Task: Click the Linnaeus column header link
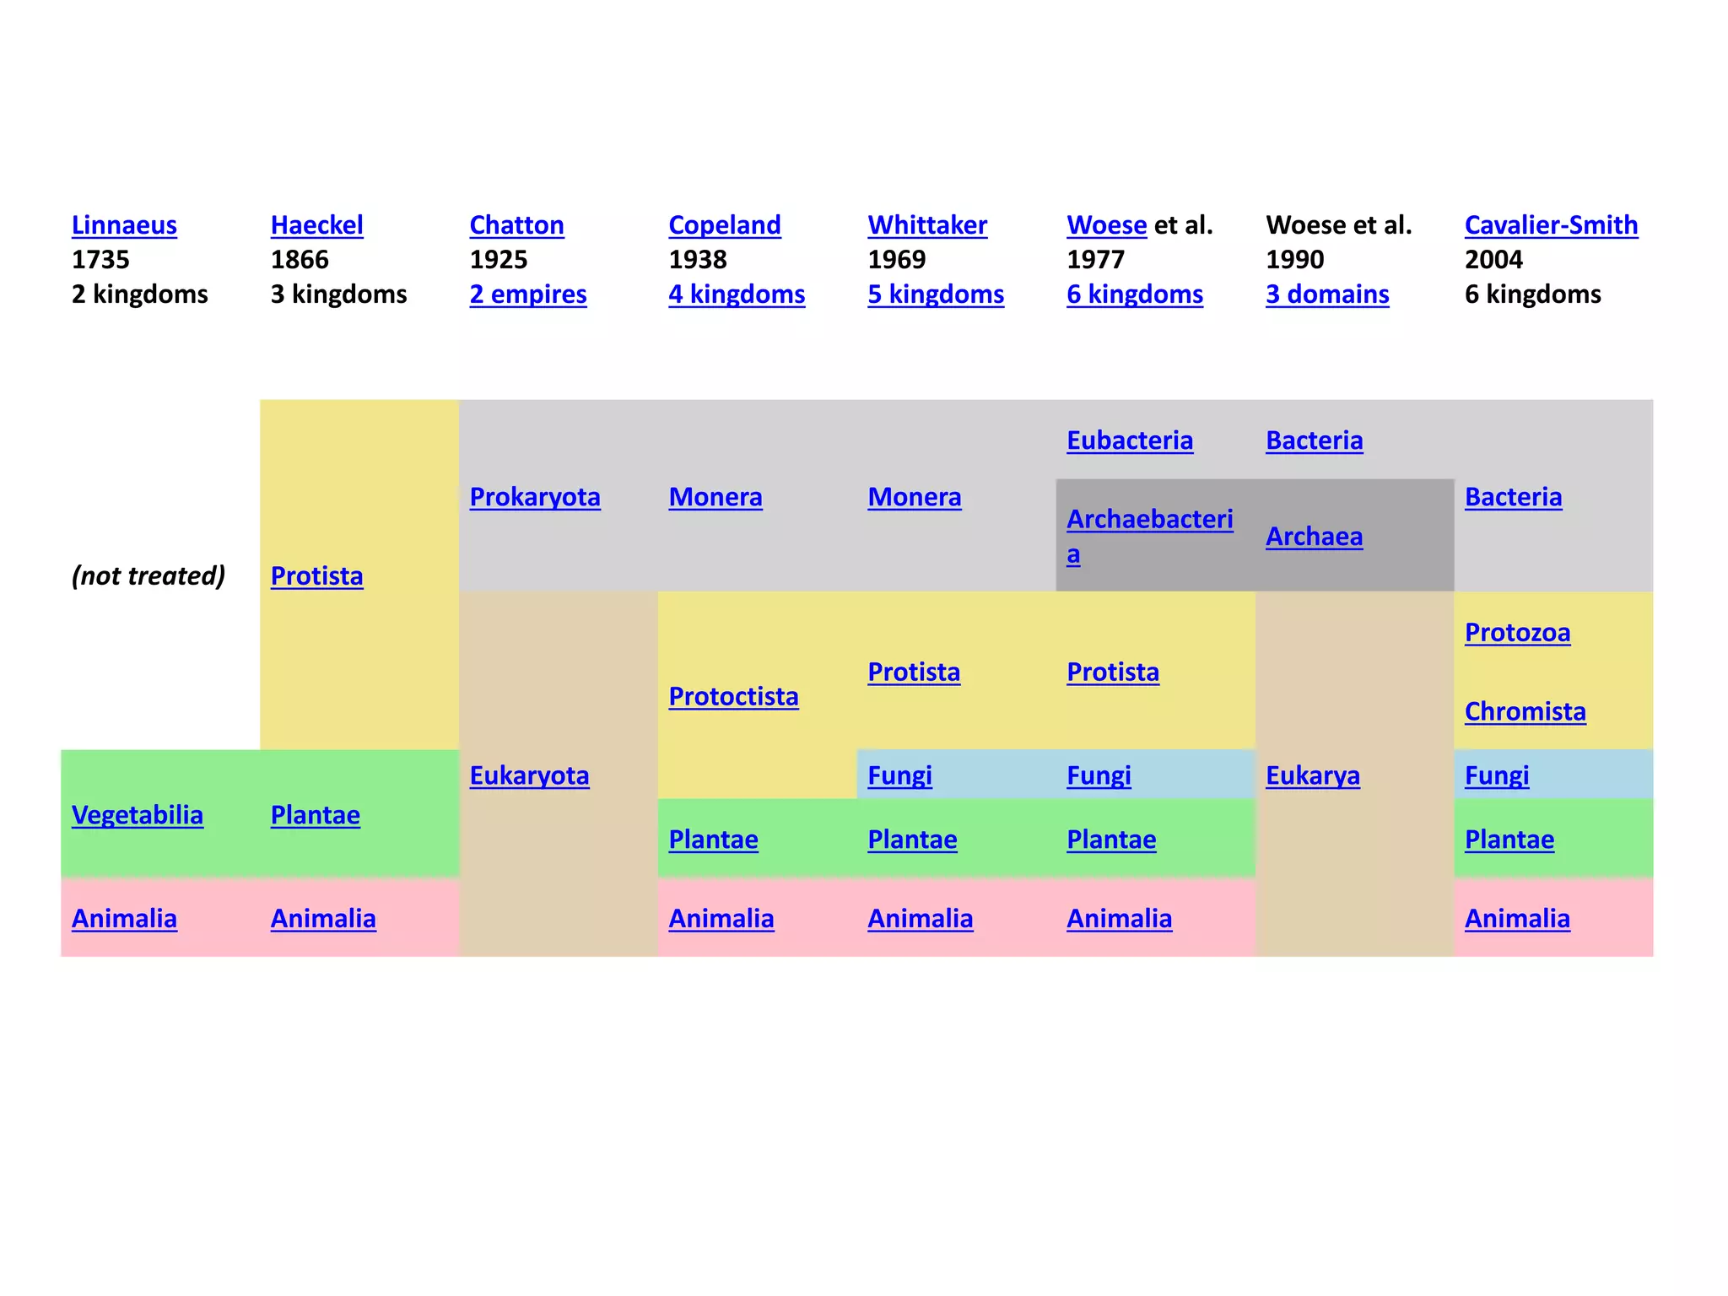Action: [124, 225]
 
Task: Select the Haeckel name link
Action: [316, 225]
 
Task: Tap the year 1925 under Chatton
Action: [498, 260]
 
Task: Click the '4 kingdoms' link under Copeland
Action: [737, 294]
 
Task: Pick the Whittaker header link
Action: [927, 225]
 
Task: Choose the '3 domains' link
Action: [1327, 294]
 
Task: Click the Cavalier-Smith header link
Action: [1551, 225]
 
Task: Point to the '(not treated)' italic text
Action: [148, 575]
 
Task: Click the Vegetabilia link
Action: [138, 815]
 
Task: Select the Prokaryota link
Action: [535, 497]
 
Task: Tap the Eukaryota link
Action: [529, 775]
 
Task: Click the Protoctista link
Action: [733, 697]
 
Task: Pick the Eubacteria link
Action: [1130, 440]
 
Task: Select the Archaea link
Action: [1314, 537]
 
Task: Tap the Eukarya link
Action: [1313, 775]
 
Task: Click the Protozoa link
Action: [1517, 633]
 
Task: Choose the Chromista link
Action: [1525, 712]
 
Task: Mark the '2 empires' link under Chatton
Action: [528, 294]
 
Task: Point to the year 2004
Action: [1493, 260]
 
